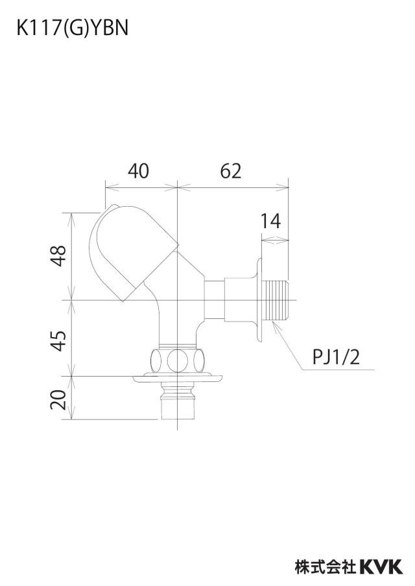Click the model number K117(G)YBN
pos(72,27)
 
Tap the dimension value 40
pos(138,170)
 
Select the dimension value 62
pos(231,170)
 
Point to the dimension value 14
pos(270,221)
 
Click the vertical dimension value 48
pos(59,255)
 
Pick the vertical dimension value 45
pos(59,340)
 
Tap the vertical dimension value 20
pos(59,399)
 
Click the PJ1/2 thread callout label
pos(336,357)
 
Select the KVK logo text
pos(381,567)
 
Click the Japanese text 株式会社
pos(326,567)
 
